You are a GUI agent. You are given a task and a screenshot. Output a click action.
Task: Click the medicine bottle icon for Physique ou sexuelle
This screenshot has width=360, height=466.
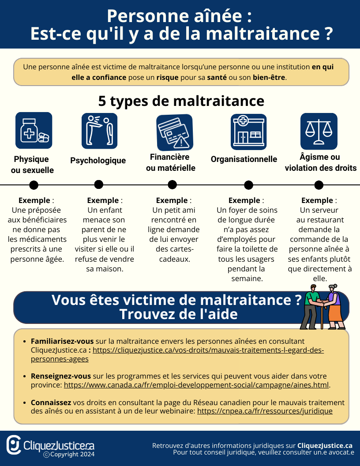(34, 130)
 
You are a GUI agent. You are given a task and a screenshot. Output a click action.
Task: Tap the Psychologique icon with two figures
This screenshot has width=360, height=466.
(99, 131)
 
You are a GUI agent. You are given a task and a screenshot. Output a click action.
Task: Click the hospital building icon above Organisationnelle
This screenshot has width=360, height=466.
(249, 132)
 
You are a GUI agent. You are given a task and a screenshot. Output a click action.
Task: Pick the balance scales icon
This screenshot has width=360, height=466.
(319, 131)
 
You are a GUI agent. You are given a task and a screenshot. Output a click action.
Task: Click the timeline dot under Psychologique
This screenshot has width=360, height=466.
(99, 184)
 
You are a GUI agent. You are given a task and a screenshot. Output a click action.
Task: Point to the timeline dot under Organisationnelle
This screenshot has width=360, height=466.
(249, 185)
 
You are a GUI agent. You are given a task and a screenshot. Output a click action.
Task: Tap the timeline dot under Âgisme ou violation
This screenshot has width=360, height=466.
(319, 185)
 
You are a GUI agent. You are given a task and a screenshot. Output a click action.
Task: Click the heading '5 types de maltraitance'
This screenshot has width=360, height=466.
(181, 101)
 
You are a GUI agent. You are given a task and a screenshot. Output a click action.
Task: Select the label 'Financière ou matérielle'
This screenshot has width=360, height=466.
(170, 162)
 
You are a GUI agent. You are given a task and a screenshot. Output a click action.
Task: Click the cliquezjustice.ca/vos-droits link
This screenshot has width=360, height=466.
(208, 350)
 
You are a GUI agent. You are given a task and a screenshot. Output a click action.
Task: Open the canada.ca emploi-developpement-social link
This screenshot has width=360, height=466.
(196, 385)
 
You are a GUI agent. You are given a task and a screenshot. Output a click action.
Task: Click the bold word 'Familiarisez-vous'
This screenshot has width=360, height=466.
(62, 342)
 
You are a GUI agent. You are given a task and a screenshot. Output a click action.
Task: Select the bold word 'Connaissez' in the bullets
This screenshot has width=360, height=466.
(51, 403)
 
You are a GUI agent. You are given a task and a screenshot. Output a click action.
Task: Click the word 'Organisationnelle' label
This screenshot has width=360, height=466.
(244, 159)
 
